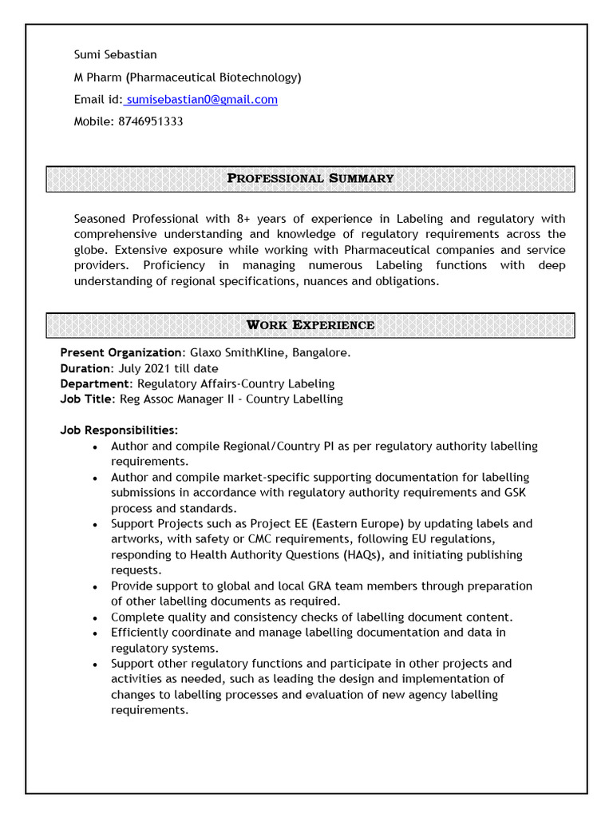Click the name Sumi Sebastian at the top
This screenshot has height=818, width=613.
[115, 55]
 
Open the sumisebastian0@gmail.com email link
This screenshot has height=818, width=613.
[202, 100]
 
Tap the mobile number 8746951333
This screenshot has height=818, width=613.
[150, 122]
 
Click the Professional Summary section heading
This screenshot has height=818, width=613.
[310, 178]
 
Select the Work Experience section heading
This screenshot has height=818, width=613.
[310, 325]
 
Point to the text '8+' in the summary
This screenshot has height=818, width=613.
[244, 219]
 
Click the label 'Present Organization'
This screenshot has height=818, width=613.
[121, 353]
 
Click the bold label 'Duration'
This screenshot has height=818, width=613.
[86, 368]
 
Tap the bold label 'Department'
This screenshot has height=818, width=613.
[95, 384]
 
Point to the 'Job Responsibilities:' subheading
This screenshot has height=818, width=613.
[119, 431]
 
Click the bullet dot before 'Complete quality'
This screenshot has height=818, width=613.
[96, 618]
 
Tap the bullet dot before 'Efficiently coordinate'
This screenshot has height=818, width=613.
[96, 633]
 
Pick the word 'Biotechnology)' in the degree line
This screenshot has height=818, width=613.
[260, 77]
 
